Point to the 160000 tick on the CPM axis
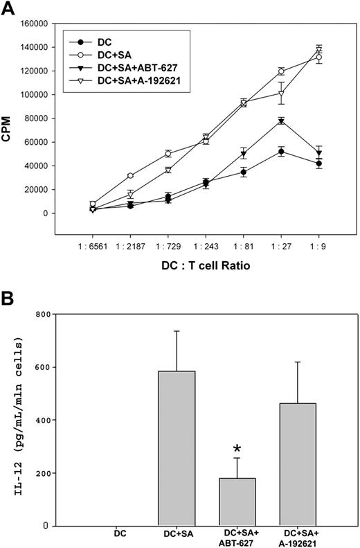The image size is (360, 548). tap(32, 23)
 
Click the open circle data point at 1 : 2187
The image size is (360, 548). tap(111, 176)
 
